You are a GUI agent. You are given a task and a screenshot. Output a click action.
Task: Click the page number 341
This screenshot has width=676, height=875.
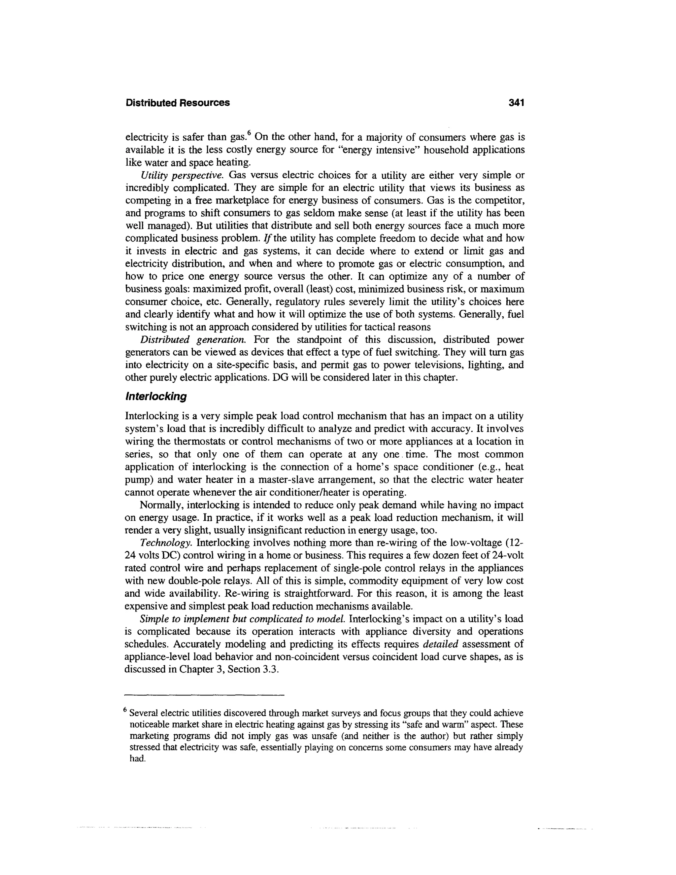516,103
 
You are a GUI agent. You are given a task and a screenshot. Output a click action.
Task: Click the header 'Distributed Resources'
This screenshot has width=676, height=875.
178,103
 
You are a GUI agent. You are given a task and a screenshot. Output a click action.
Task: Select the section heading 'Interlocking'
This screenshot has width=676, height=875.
156,397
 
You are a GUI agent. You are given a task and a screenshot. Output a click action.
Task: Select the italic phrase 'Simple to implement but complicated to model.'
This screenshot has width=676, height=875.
243,619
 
